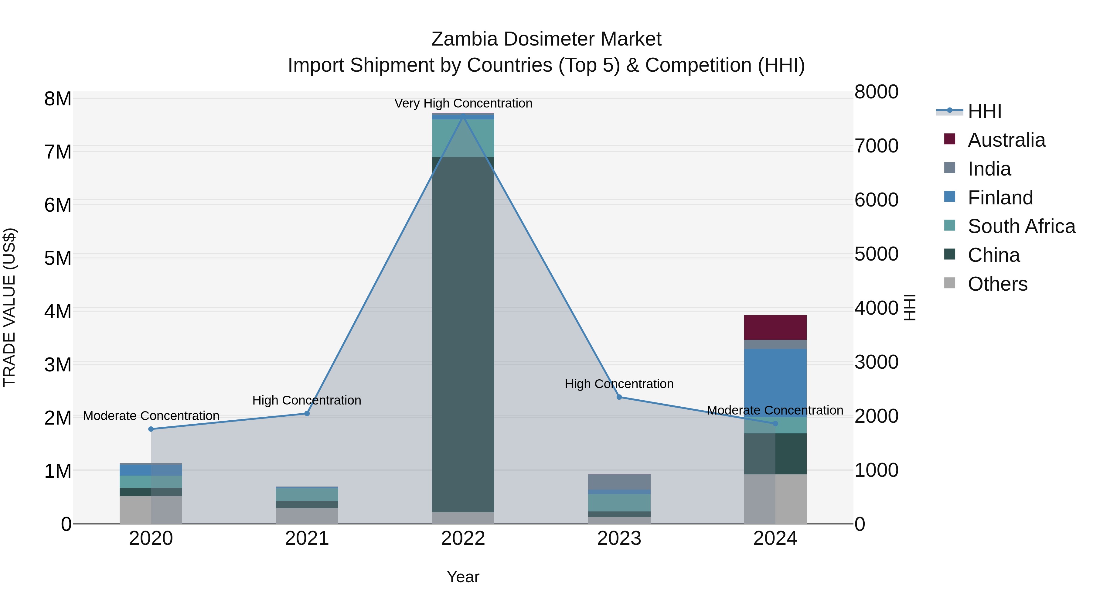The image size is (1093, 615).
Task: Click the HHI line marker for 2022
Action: pos(463,116)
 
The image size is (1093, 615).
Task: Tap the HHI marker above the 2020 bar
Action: pos(151,429)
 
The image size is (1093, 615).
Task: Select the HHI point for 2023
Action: pos(619,397)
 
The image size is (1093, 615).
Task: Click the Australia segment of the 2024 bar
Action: pos(775,327)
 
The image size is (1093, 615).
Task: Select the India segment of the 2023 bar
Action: pos(619,482)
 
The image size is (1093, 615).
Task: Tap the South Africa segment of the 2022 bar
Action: pos(463,138)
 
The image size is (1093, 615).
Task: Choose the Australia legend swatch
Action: pos(950,139)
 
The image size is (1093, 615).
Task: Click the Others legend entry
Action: pos(997,284)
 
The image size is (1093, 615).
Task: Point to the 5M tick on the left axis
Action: pos(58,258)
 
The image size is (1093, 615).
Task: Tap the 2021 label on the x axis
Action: pos(307,538)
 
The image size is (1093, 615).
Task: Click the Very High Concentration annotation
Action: pos(463,103)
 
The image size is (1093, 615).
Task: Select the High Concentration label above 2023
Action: pos(619,384)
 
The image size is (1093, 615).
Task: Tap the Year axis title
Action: pos(463,577)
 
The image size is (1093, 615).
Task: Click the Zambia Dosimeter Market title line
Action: pos(546,39)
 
